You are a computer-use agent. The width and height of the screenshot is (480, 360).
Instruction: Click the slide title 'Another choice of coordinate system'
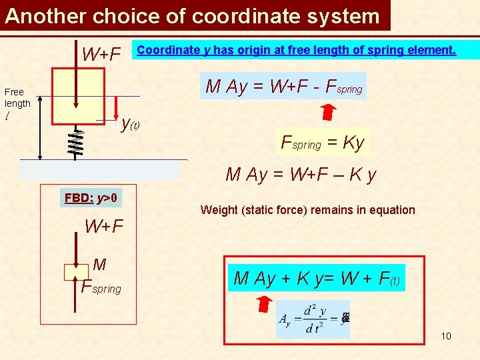pyautogui.click(x=192, y=15)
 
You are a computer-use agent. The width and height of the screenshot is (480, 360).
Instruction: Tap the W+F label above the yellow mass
pyautogui.click(x=101, y=54)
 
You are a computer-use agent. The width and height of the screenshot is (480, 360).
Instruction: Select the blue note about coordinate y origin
pyautogui.click(x=297, y=50)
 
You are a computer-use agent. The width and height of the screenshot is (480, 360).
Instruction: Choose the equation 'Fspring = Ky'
pyautogui.click(x=323, y=142)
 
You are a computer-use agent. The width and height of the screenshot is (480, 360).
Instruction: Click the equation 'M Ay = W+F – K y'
pyautogui.click(x=301, y=175)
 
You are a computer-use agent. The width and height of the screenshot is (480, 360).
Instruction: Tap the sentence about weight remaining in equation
pyautogui.click(x=307, y=210)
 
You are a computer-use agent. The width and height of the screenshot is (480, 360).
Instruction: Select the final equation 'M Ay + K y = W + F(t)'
pyautogui.click(x=317, y=278)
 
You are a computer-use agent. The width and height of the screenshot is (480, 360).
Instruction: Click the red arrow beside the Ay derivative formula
pyautogui.click(x=265, y=305)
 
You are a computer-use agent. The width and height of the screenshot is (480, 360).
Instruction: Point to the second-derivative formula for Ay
pyautogui.click(x=312, y=319)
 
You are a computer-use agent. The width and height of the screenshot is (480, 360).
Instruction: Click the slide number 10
pyautogui.click(x=446, y=336)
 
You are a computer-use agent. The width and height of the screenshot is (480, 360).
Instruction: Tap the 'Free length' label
pyautogui.click(x=17, y=97)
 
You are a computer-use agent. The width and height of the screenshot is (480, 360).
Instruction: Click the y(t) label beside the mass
pyautogui.click(x=130, y=123)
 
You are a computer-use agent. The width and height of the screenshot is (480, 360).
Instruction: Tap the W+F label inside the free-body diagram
pyautogui.click(x=104, y=227)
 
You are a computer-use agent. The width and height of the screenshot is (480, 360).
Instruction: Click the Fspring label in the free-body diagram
pyautogui.click(x=101, y=287)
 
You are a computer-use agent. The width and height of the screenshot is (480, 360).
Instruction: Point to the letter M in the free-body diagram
pyautogui.click(x=99, y=265)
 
